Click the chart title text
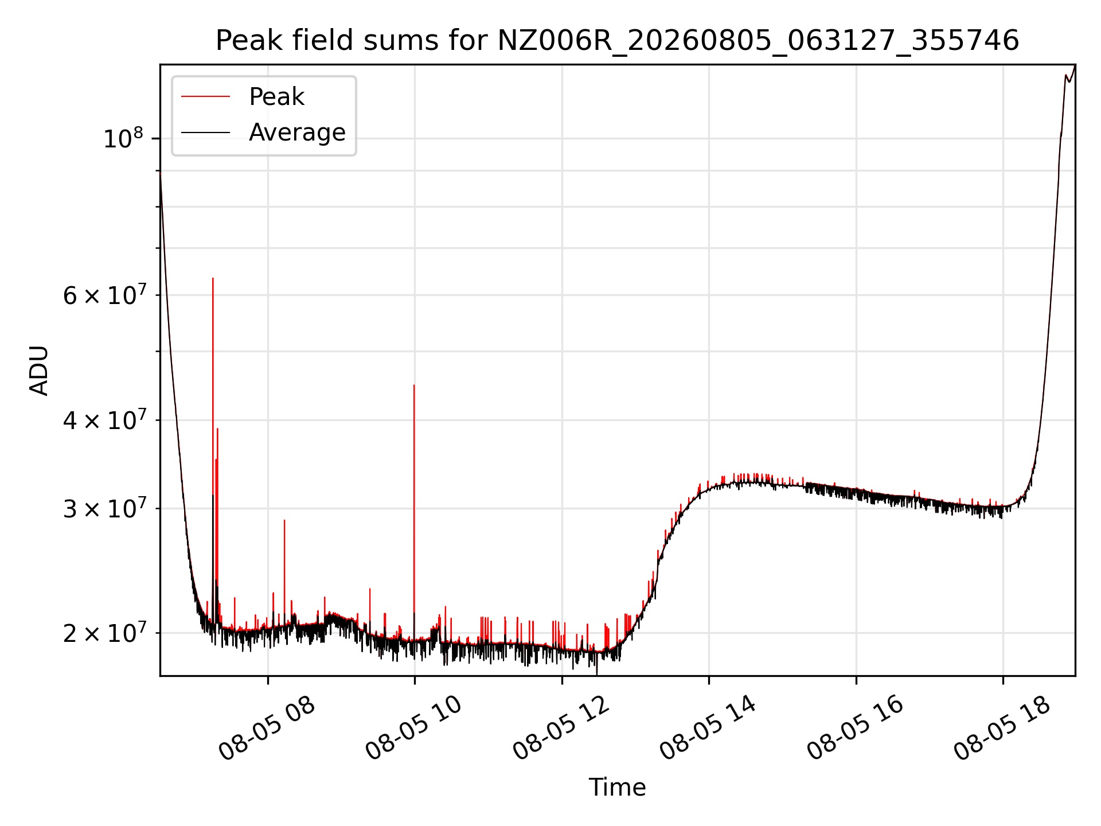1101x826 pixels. [617, 41]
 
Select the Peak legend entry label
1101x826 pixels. [276, 97]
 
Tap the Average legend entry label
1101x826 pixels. [297, 133]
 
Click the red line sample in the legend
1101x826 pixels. [205, 96]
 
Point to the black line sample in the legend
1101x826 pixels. [205, 133]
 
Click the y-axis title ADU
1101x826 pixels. [39, 371]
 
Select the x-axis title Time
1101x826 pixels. [617, 788]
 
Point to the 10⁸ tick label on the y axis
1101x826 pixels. [123, 138]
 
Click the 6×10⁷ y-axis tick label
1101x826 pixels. [104, 295]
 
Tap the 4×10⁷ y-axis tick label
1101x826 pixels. [104, 420]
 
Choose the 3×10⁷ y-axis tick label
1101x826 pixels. [104, 508]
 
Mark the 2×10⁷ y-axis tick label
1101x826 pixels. [104, 633]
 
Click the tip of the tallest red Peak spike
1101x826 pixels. [213, 279]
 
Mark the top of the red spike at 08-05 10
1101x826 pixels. [414, 385]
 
